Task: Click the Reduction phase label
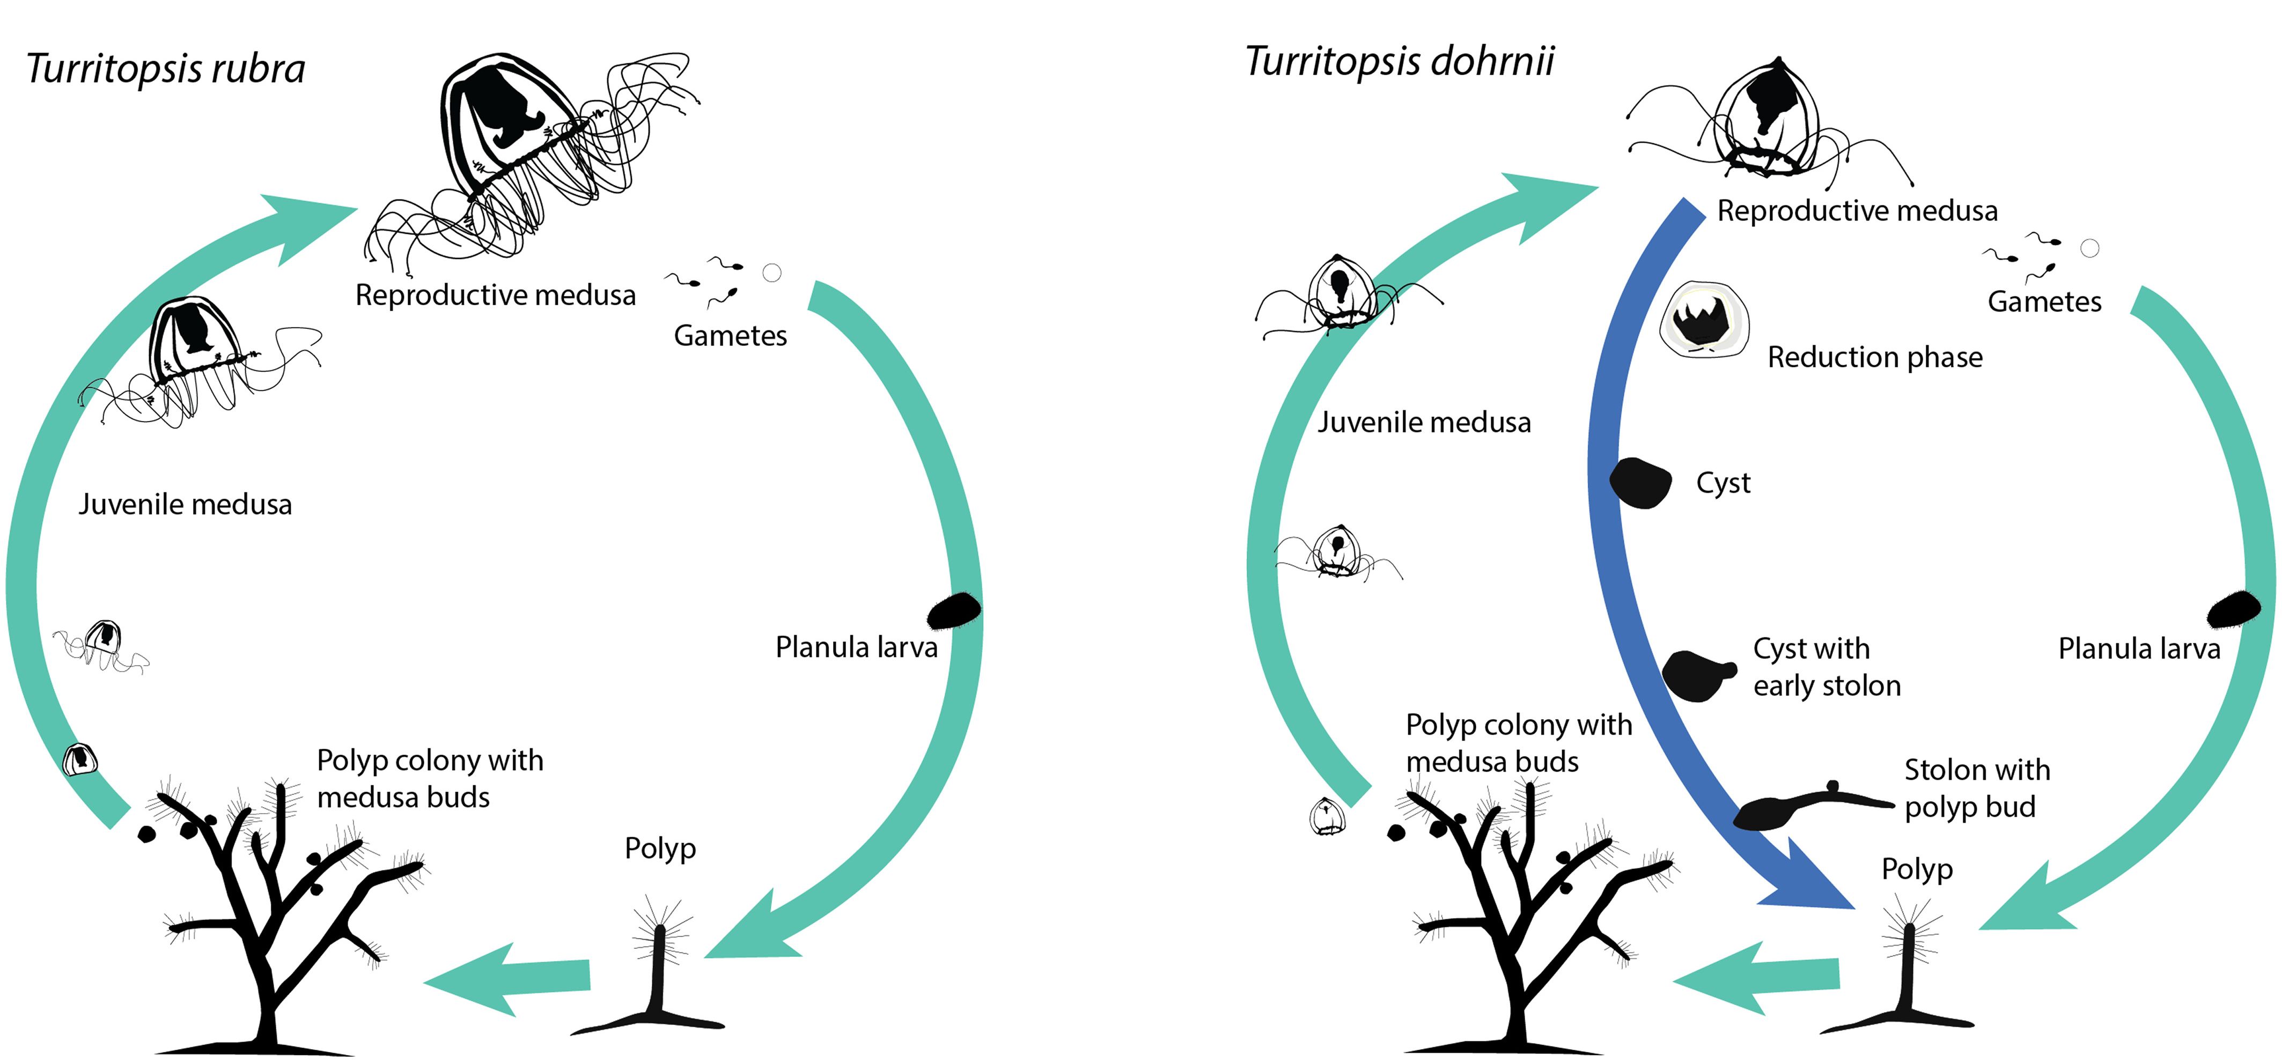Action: tap(1874, 357)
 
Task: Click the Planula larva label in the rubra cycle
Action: tap(856, 647)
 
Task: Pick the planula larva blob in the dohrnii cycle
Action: tap(2234, 609)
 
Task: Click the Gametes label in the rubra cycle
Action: tap(730, 336)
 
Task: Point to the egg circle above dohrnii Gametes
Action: tap(2090, 248)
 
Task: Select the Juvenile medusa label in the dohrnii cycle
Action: tap(1424, 423)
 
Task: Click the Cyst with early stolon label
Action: tap(1827, 667)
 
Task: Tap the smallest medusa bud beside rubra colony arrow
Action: tap(80, 759)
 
